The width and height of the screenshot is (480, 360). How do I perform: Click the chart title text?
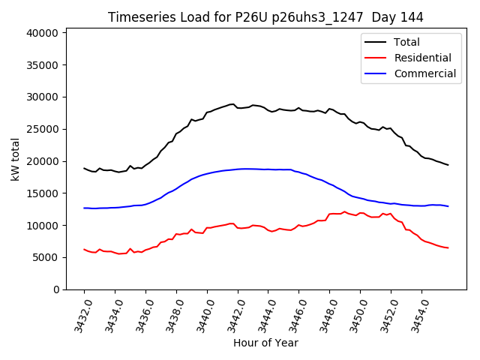[x=265, y=17]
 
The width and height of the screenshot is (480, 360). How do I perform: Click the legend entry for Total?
[x=407, y=42]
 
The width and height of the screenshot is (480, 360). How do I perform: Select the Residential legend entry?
[x=422, y=58]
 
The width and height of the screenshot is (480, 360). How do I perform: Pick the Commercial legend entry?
[x=424, y=73]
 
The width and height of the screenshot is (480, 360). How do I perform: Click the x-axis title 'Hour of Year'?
[x=265, y=343]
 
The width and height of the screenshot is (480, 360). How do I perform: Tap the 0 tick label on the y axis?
[x=55, y=289]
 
